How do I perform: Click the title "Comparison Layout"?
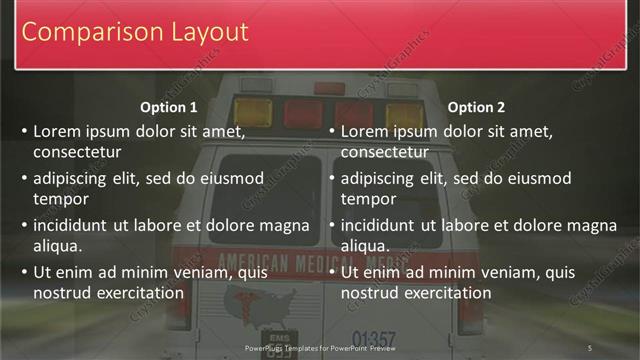[x=135, y=32]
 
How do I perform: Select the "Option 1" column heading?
[x=169, y=107]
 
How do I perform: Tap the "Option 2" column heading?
[x=476, y=107]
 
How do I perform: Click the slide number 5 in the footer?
[x=589, y=347]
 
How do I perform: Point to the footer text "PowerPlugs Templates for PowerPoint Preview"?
[x=320, y=347]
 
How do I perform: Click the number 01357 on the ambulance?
[x=374, y=338]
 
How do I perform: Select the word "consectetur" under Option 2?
[x=385, y=152]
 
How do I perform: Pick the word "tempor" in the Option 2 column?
[x=368, y=199]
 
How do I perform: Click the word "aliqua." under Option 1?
[x=58, y=246]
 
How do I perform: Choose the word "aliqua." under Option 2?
[x=366, y=246]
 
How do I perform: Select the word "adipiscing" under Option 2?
[x=378, y=179]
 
